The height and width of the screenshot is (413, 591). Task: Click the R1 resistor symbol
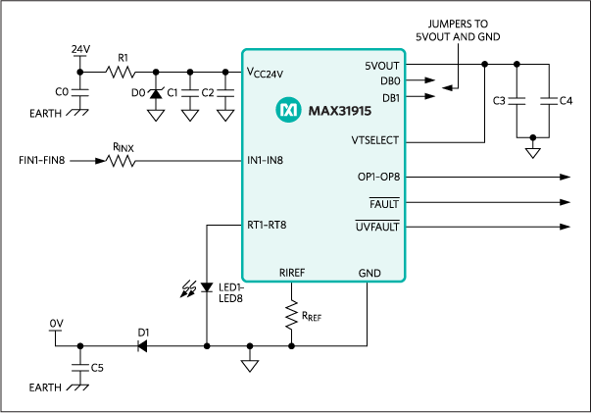pyautogui.click(x=123, y=72)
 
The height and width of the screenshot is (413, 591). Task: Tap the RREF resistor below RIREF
pyautogui.click(x=291, y=315)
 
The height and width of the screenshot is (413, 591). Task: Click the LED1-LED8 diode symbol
pyautogui.click(x=206, y=288)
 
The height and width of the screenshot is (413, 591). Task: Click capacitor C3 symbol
pyautogui.click(x=518, y=100)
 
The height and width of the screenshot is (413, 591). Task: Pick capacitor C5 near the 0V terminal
pyautogui.click(x=78, y=369)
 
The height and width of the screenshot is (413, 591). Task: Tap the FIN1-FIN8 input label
pyautogui.click(x=43, y=159)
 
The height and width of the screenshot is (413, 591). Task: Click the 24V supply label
pyautogui.click(x=80, y=47)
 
